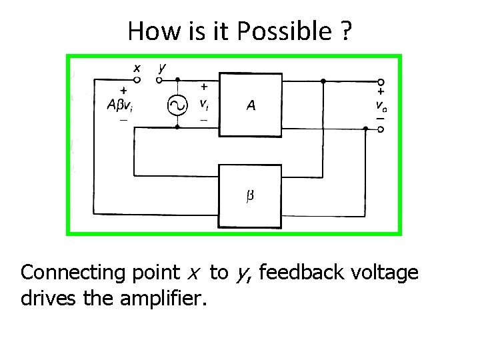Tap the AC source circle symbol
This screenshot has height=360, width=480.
click(177, 105)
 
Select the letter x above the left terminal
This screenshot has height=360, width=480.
click(136, 67)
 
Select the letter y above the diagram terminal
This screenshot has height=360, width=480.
click(162, 68)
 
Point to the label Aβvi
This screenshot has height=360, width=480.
click(122, 105)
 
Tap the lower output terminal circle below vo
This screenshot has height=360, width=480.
click(381, 129)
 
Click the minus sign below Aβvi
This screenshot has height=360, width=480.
click(123, 120)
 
